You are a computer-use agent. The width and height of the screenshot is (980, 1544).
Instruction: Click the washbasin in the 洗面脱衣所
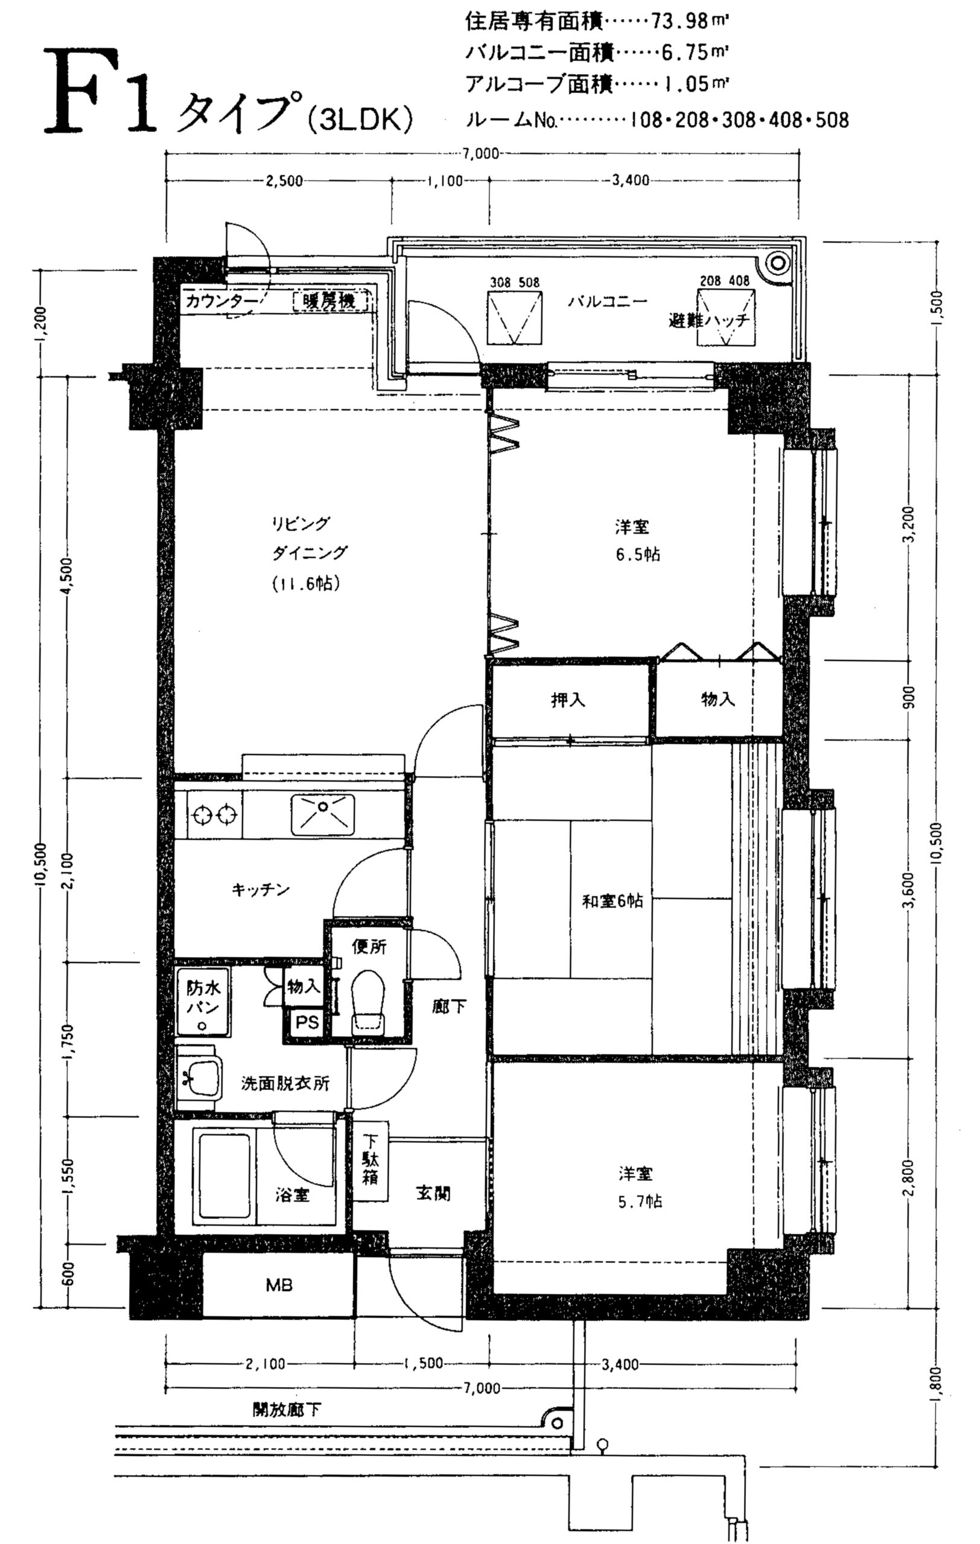pyautogui.click(x=200, y=1078)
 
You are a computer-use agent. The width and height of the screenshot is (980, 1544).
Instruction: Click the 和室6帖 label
pyautogui.click(x=612, y=902)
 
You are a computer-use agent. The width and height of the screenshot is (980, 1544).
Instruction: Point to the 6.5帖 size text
pyautogui.click(x=638, y=554)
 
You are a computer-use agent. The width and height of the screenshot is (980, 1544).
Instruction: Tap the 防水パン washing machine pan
pyautogui.click(x=203, y=1002)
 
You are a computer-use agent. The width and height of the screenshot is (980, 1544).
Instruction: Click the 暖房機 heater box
pyautogui.click(x=331, y=301)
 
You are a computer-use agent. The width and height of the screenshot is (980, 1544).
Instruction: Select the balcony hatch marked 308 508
pyautogui.click(x=514, y=317)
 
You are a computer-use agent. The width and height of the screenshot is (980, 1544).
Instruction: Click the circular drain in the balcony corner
pyautogui.click(x=777, y=262)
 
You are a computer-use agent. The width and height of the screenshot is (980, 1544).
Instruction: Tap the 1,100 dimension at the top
pyautogui.click(x=444, y=181)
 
